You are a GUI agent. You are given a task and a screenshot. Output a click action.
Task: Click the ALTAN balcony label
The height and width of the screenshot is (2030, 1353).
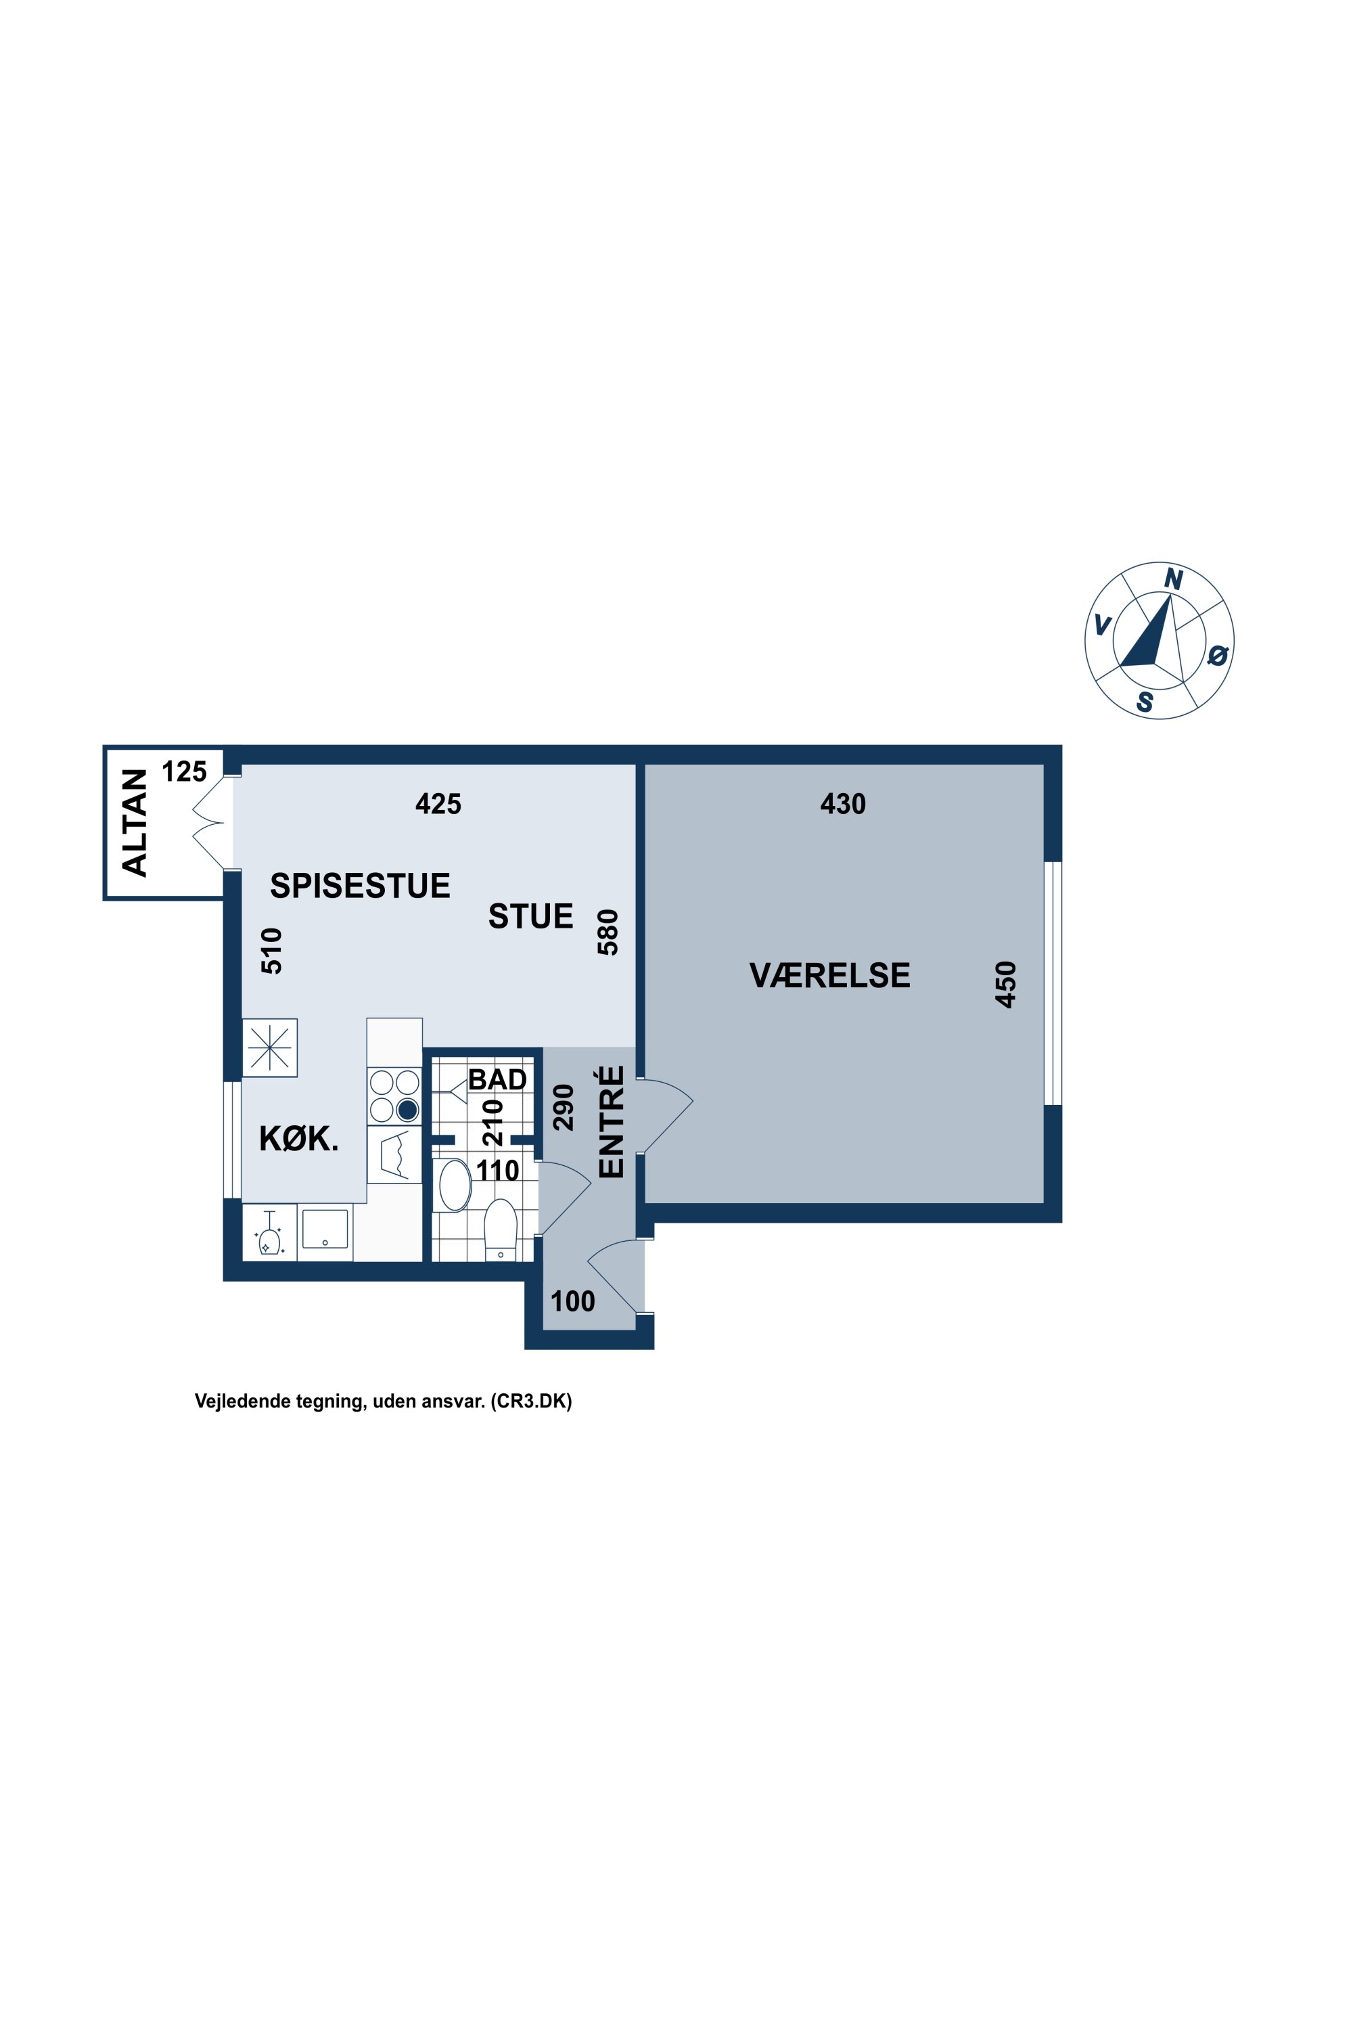pyautogui.click(x=135, y=823)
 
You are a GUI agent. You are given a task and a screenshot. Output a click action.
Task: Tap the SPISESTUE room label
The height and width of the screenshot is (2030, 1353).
pyautogui.click(x=360, y=886)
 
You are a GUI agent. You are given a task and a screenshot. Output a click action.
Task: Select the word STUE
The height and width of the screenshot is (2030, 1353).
pyautogui.click(x=530, y=916)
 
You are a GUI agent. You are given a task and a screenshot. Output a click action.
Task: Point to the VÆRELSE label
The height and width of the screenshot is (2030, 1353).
pyautogui.click(x=829, y=975)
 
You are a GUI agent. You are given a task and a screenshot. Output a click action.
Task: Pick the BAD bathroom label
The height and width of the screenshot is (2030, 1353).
pyautogui.click(x=497, y=1080)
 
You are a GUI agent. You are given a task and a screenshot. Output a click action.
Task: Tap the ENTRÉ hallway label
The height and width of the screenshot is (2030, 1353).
pyautogui.click(x=611, y=1121)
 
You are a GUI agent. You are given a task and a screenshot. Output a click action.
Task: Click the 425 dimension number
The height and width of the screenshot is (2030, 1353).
pyautogui.click(x=438, y=805)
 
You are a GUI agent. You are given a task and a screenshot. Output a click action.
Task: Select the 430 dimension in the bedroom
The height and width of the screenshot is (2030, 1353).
pyautogui.click(x=842, y=805)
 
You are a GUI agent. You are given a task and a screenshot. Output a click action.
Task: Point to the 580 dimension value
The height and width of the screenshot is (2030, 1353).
pyautogui.click(x=608, y=932)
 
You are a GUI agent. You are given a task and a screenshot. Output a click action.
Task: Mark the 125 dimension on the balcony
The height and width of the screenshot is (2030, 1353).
pyautogui.click(x=185, y=771)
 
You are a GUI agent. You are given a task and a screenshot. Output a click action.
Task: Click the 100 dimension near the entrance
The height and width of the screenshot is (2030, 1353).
pyautogui.click(x=573, y=1301)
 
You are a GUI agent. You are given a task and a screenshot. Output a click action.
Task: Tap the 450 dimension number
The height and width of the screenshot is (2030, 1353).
pyautogui.click(x=1006, y=984)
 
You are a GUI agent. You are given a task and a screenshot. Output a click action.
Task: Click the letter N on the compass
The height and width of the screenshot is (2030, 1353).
pyautogui.click(x=1172, y=579)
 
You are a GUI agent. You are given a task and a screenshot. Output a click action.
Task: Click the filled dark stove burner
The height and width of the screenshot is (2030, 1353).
pyautogui.click(x=407, y=1109)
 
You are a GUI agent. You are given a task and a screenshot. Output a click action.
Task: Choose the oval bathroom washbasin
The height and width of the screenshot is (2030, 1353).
pyautogui.click(x=455, y=1185)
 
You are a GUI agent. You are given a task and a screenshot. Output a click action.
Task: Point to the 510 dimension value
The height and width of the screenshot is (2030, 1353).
pyautogui.click(x=272, y=950)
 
